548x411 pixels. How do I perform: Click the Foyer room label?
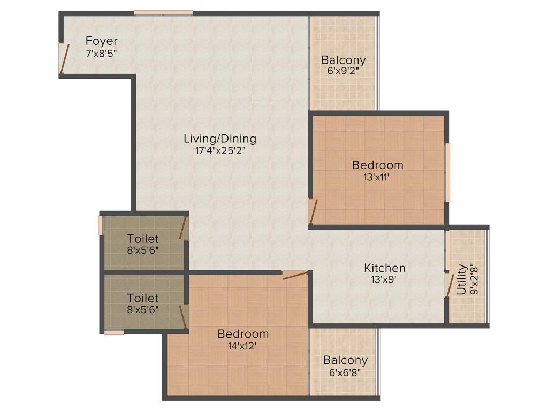point(102,41)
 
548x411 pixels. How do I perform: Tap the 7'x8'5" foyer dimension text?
point(101,54)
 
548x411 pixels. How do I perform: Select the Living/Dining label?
point(220,139)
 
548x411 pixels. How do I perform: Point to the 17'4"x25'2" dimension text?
point(220,150)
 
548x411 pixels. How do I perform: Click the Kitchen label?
point(385,268)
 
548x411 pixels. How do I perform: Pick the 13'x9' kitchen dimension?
point(385,279)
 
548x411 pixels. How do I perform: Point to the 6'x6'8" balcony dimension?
point(345,372)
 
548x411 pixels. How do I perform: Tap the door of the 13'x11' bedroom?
point(313,211)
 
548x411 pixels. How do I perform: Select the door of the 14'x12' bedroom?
point(295,275)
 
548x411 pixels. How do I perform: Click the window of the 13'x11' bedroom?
point(448,172)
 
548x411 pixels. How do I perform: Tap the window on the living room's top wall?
point(163,13)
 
